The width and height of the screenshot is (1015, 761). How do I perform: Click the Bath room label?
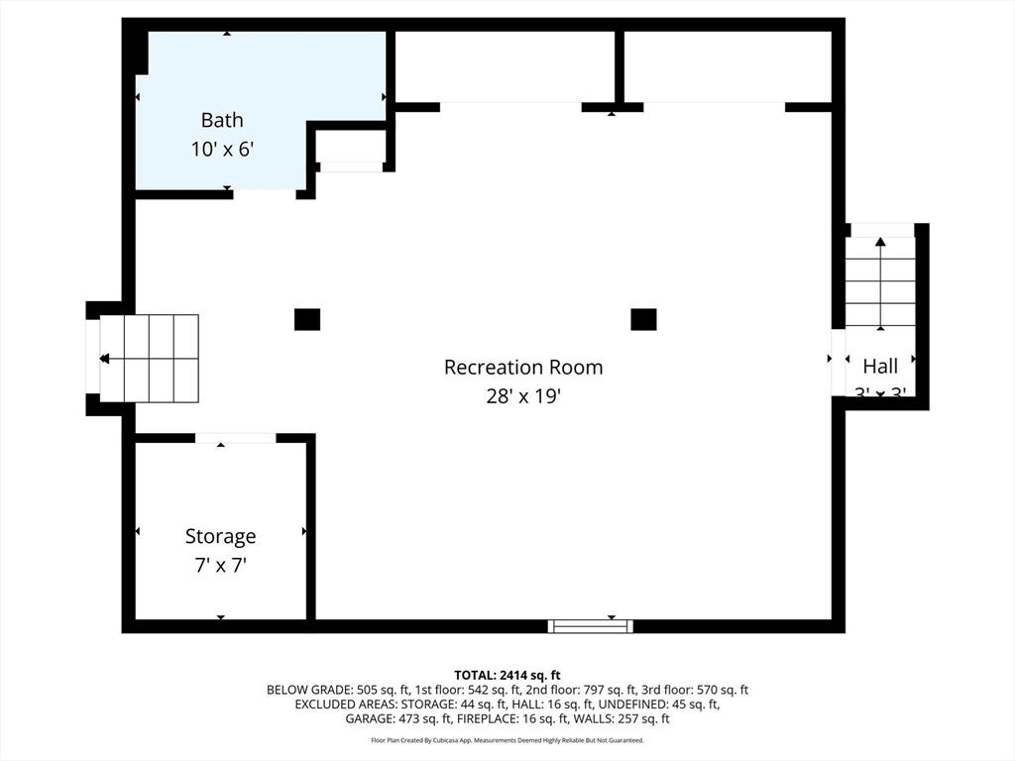[x=222, y=120]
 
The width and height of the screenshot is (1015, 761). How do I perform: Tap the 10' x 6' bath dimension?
[x=222, y=150]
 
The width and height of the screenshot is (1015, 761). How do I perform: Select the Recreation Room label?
[x=522, y=367]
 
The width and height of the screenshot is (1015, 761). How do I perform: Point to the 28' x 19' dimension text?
[x=522, y=396]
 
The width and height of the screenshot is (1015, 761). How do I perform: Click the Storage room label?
[x=220, y=536]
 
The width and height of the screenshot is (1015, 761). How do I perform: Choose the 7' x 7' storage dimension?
[x=220, y=566]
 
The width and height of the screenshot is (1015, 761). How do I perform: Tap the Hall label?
[x=880, y=366]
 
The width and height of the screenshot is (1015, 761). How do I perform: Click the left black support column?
[x=307, y=319]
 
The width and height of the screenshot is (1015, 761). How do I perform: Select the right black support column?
[x=643, y=319]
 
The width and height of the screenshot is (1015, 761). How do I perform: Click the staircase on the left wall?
[x=149, y=358]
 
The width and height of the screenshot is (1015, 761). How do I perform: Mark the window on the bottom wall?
[x=591, y=625]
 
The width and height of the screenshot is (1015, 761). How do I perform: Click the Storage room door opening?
[x=235, y=438]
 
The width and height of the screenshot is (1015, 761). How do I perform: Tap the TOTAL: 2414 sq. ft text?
[x=507, y=675]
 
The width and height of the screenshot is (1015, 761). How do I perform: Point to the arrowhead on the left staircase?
[x=104, y=359]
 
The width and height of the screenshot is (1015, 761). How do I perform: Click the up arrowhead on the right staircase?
[x=880, y=241]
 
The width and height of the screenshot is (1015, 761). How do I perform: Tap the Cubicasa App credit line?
[x=507, y=740]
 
